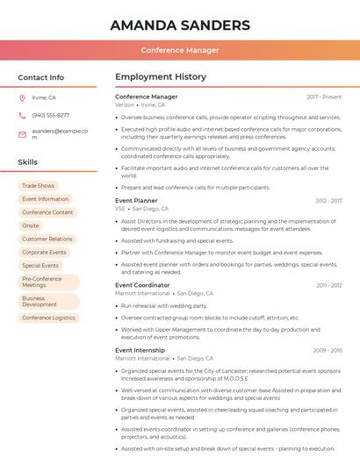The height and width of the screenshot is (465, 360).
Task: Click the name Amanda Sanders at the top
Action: click(180, 25)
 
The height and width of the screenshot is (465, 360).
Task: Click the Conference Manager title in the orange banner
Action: click(180, 50)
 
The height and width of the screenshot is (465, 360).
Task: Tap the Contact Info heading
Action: click(40, 77)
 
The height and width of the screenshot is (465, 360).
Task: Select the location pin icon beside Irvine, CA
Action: click(22, 98)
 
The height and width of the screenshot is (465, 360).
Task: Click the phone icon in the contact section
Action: click(22, 115)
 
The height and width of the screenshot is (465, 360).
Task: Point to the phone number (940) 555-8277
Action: click(50, 115)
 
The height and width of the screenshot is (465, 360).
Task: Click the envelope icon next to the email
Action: click(22, 133)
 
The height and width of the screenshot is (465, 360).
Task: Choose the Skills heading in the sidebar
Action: click(27, 162)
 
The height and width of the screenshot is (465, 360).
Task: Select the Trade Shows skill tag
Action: click(38, 186)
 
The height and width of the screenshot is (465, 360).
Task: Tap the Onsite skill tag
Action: click(31, 225)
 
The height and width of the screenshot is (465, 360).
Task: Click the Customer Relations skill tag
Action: click(47, 239)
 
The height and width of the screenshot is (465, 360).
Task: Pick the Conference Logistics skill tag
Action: click(48, 318)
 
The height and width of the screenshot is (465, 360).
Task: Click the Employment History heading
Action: click(160, 77)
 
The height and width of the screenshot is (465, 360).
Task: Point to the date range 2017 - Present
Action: click(324, 97)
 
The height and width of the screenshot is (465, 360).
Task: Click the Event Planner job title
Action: click(136, 201)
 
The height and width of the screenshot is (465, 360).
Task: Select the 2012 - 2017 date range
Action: click(328, 201)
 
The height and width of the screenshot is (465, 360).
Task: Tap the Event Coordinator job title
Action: click(142, 285)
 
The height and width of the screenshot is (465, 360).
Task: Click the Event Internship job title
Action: click(140, 350)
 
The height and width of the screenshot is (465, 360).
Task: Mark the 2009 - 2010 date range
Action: click(328, 350)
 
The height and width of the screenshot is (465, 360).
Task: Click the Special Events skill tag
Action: click(40, 265)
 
